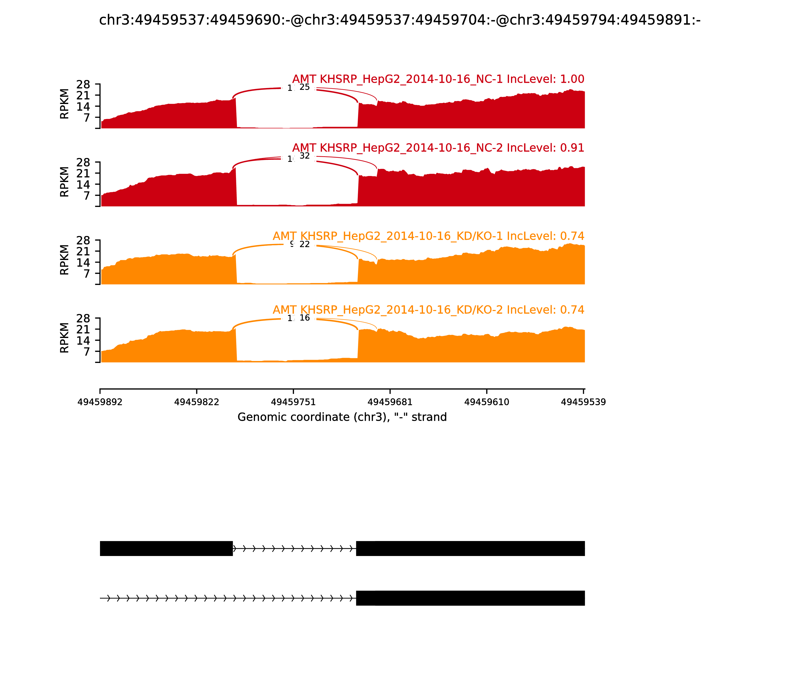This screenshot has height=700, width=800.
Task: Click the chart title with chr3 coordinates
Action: tap(399, 20)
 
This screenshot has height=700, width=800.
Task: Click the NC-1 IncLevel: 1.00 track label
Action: tap(438, 79)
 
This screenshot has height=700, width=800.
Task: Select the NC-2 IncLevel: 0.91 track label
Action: tap(438, 148)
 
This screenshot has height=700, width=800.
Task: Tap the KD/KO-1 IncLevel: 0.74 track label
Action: tap(428, 236)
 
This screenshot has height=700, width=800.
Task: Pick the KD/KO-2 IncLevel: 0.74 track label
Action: tap(428, 310)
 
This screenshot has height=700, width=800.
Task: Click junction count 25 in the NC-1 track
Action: tap(305, 87)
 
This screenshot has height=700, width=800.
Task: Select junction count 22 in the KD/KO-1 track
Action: tap(305, 244)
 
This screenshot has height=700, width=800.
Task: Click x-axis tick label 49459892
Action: tap(100, 402)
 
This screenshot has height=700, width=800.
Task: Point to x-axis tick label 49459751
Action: tap(293, 402)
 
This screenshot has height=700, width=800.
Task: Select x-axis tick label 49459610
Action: tap(487, 402)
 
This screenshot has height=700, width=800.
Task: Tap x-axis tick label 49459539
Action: tap(583, 402)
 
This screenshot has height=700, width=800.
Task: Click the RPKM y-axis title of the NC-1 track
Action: tap(64, 104)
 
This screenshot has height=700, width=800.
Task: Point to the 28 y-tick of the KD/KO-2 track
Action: tap(83, 318)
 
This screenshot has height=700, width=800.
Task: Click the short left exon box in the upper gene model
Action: tap(166, 548)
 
